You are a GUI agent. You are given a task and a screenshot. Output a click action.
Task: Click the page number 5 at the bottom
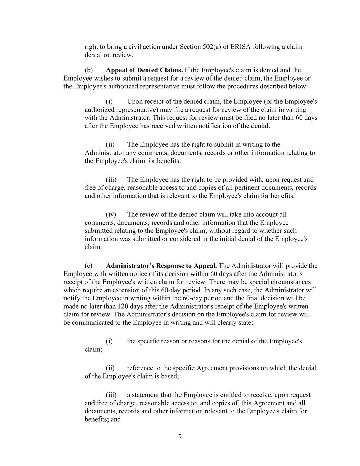pos(180,436)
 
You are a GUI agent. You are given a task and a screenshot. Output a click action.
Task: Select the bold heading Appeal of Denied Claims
pos(144,70)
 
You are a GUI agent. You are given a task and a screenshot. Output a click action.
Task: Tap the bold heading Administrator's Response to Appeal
pos(161,266)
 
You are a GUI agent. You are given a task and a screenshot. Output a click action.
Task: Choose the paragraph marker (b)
pos(89,70)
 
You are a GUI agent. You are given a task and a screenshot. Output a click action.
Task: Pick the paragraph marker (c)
pos(88,266)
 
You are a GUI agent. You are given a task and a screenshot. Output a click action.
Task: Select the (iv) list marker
pos(111,215)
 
